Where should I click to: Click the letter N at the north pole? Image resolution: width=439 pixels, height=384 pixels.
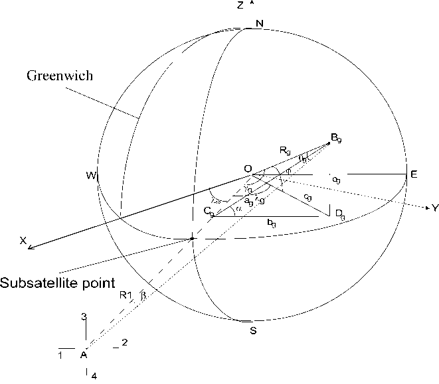pyautogui.click(x=259, y=24)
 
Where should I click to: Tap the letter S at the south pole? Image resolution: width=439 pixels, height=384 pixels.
pyautogui.click(x=253, y=330)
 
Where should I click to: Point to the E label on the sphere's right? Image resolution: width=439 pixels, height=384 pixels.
pyautogui.click(x=413, y=174)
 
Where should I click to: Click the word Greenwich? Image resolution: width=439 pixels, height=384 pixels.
pyautogui.click(x=60, y=76)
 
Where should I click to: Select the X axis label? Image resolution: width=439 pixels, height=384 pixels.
pyautogui.click(x=23, y=243)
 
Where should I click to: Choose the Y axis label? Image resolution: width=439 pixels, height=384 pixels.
pyautogui.click(x=434, y=208)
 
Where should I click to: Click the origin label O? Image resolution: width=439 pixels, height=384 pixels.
pyautogui.click(x=247, y=170)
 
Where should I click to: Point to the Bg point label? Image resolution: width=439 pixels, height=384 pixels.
pyautogui.click(x=337, y=138)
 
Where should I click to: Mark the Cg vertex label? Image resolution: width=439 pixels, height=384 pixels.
pyautogui.click(x=209, y=212)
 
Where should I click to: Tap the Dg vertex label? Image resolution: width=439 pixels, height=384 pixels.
pyautogui.click(x=339, y=213)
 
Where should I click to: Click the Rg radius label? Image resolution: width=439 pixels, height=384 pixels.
pyautogui.click(x=286, y=152)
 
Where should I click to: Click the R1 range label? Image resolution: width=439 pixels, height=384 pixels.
pyautogui.click(x=126, y=296)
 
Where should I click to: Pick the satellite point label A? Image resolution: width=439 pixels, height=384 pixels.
pyautogui.click(x=84, y=355)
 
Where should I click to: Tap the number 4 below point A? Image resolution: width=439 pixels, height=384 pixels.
pyautogui.click(x=94, y=376)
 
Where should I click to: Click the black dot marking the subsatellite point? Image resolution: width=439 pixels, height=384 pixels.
pyautogui.click(x=192, y=238)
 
